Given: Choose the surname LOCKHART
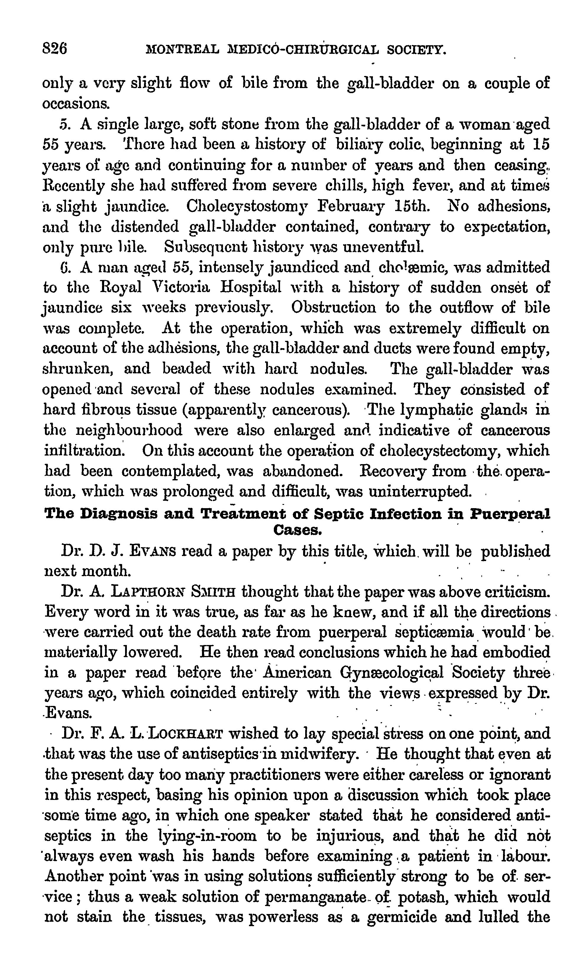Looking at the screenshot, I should point(186,734).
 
